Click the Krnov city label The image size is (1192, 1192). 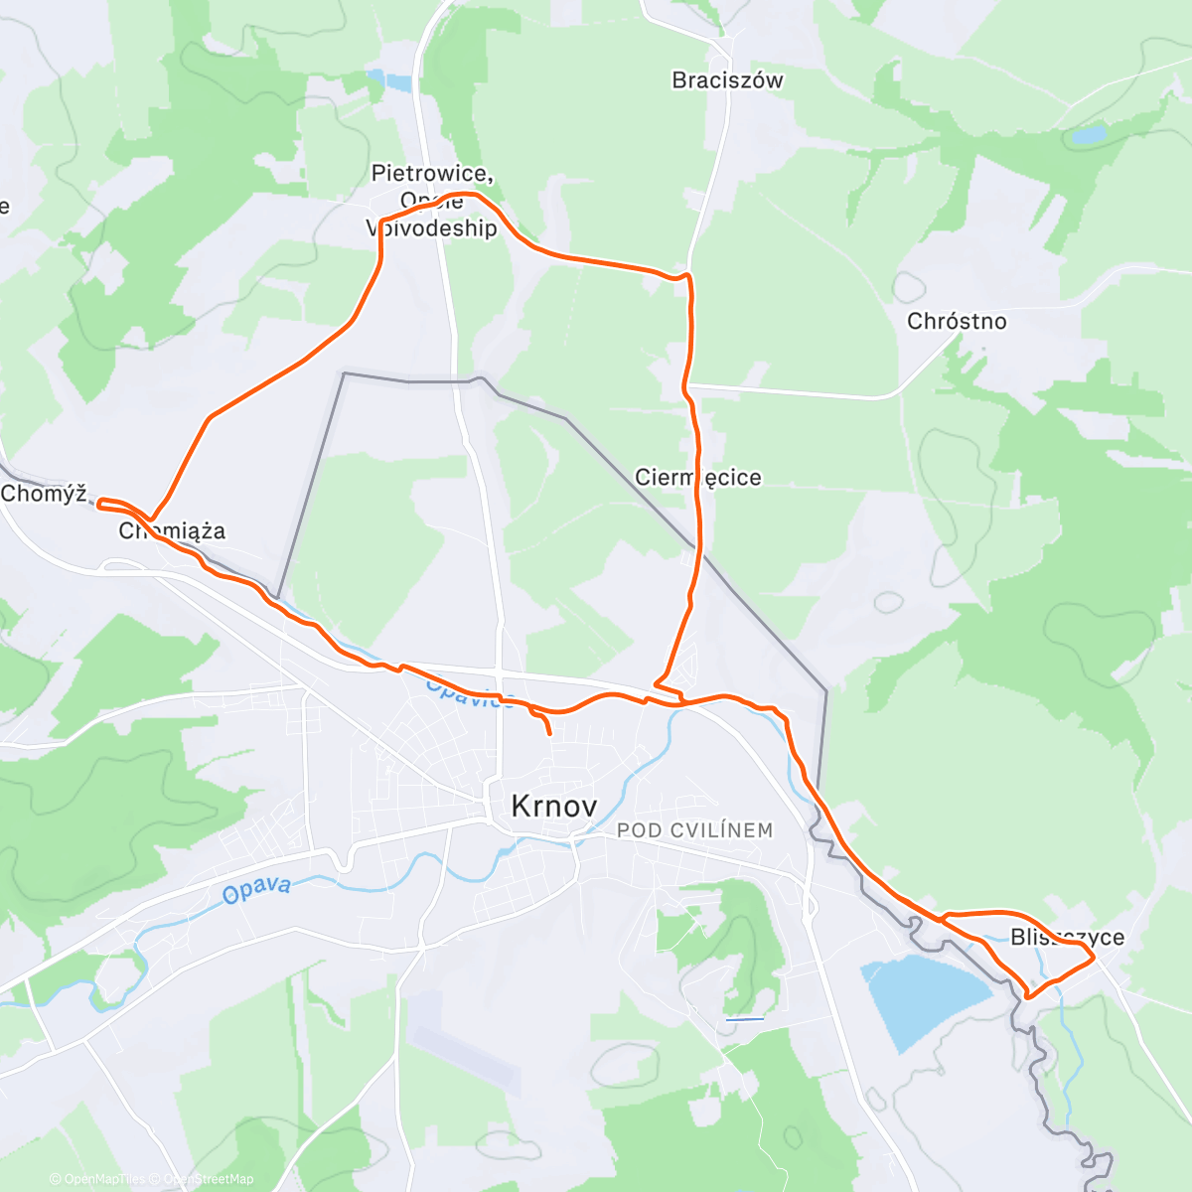pyautogui.click(x=553, y=806)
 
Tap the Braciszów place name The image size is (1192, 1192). pyautogui.click(x=727, y=80)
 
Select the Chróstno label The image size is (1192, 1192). pyautogui.click(x=957, y=321)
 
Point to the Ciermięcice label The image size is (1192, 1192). pyautogui.click(x=698, y=478)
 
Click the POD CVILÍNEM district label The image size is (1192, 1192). pyautogui.click(x=694, y=830)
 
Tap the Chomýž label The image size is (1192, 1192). pyautogui.click(x=44, y=494)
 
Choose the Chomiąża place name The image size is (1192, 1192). pyautogui.click(x=172, y=531)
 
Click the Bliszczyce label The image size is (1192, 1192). pyautogui.click(x=1067, y=937)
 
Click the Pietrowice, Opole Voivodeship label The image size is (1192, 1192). pyautogui.click(x=432, y=201)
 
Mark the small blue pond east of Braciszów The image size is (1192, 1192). pyautogui.click(x=1089, y=134)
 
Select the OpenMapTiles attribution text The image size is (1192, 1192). pyautogui.click(x=103, y=1179)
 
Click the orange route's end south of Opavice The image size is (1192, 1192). pyautogui.click(x=549, y=733)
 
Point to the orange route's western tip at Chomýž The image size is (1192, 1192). pyautogui.click(x=98, y=504)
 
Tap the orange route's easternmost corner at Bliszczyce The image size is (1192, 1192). pyautogui.click(x=1094, y=958)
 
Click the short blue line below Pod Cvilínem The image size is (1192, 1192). pyautogui.click(x=745, y=1019)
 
